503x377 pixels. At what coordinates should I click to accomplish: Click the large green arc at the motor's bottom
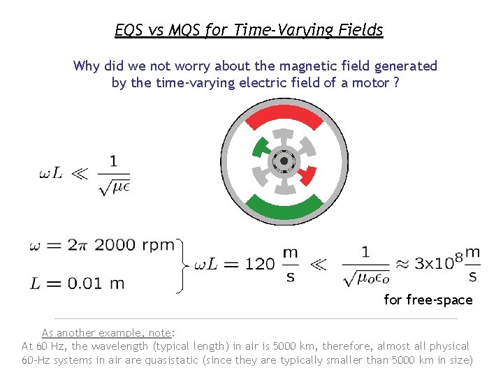coord(285,208)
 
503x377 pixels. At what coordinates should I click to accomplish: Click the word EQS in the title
coord(129,30)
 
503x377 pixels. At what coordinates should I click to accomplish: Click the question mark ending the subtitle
coord(397,82)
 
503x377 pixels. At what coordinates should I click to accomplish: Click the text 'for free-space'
coord(428,300)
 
